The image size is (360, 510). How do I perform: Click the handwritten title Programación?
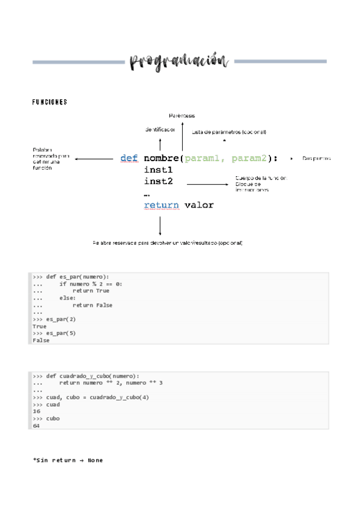pos(179,61)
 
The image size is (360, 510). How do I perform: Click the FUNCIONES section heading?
pos(49,102)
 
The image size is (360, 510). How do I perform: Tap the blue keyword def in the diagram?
pos(129,158)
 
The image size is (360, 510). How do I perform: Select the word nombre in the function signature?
pos(161,158)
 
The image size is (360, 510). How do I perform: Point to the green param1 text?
pos(204,158)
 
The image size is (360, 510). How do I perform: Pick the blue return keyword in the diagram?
pos(161,205)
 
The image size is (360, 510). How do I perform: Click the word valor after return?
pos(199,205)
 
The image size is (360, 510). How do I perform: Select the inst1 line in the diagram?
pos(158,170)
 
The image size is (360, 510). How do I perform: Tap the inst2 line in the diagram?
pos(158,181)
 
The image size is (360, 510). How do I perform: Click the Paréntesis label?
pos(182,115)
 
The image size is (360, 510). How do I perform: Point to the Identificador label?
pos(160,129)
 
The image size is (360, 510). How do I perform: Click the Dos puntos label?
pos(317,158)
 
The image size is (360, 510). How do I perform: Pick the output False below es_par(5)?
pos(41,340)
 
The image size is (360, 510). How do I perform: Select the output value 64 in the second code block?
pos(36,425)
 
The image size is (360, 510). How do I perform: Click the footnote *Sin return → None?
pos(68,460)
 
